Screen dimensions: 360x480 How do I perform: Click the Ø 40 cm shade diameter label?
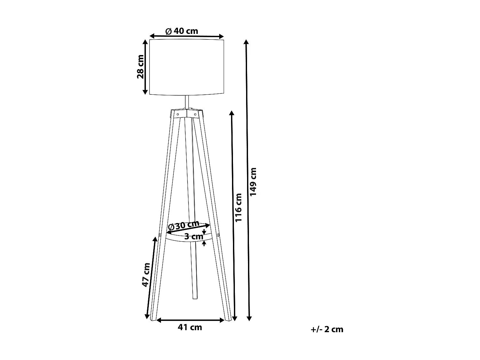pyautogui.click(x=182, y=31)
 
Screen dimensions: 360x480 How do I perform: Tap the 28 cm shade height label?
pyautogui.click(x=140, y=67)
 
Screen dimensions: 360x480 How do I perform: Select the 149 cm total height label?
pyautogui.click(x=253, y=182)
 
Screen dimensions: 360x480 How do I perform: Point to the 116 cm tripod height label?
pyautogui.click(x=239, y=207)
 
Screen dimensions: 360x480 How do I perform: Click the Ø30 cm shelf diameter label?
pyautogui.click(x=184, y=225)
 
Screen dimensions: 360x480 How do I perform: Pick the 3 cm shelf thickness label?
pyautogui.click(x=194, y=237)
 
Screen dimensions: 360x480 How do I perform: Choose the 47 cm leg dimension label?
pyautogui.click(x=146, y=275)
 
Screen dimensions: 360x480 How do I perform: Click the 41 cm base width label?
pyautogui.click(x=190, y=327)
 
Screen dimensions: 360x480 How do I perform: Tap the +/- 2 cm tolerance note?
pyautogui.click(x=327, y=329)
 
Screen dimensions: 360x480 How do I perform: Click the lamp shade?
pyautogui.click(x=187, y=67)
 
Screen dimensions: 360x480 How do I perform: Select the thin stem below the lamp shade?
pyautogui.click(x=187, y=102)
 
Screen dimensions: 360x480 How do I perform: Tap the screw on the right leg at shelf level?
pyautogui.click(x=218, y=236)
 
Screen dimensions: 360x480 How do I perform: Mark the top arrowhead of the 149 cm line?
pyautogui.click(x=246, y=42)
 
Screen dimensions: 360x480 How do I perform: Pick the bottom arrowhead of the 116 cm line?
pyautogui.click(x=235, y=318)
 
